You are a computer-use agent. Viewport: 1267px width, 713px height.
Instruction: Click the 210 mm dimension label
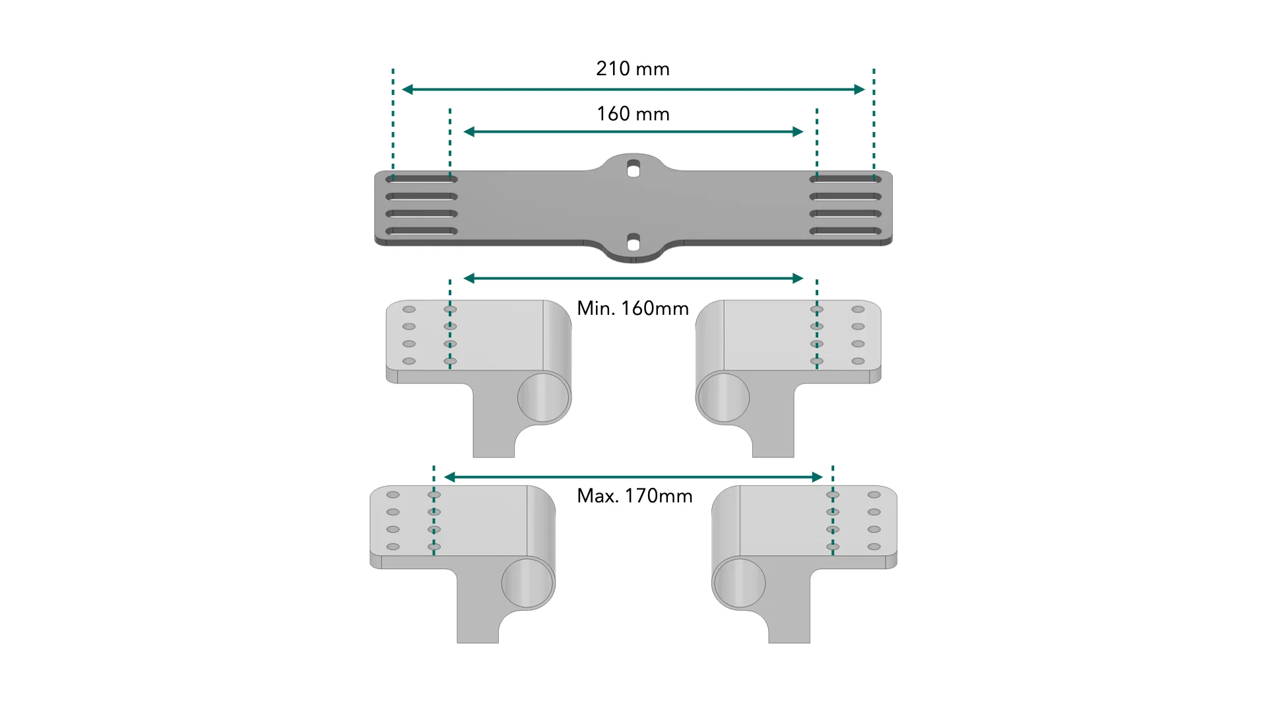pyautogui.click(x=633, y=69)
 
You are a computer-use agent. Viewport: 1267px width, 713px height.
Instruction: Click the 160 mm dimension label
pyautogui.click(x=633, y=114)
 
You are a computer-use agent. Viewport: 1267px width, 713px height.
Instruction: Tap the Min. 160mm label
pyautogui.click(x=633, y=308)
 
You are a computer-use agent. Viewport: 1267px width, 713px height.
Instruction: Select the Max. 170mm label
pyautogui.click(x=635, y=496)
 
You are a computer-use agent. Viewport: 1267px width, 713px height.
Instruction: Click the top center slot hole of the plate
pyautogui.click(x=633, y=169)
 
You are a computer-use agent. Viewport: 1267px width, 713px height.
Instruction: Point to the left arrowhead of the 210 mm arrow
pyautogui.click(x=408, y=89)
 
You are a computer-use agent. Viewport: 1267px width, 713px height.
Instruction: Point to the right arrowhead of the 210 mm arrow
pyautogui.click(x=859, y=89)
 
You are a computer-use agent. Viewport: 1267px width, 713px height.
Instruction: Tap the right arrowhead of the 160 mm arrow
pyautogui.click(x=798, y=131)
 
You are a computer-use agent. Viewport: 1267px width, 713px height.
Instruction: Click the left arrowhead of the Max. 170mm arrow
pyautogui.click(x=450, y=477)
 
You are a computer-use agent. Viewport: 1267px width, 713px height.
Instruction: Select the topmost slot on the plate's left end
pyautogui.click(x=422, y=179)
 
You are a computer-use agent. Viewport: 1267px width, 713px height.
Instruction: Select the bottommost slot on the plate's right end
pyautogui.click(x=845, y=231)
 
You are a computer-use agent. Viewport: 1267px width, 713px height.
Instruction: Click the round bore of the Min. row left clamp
pyautogui.click(x=544, y=397)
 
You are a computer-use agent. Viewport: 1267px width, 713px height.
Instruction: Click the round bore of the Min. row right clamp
pyautogui.click(x=723, y=397)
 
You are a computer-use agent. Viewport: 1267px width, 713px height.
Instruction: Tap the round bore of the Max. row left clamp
pyautogui.click(x=528, y=583)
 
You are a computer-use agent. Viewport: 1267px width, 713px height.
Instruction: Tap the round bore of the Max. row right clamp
pyautogui.click(x=739, y=583)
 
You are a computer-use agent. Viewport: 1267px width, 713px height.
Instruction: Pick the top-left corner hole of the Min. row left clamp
pyautogui.click(x=409, y=309)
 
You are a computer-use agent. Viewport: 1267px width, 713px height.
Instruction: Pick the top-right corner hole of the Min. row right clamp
pyautogui.click(x=858, y=309)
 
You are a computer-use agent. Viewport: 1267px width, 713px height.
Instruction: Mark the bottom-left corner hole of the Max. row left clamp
pyautogui.click(x=393, y=547)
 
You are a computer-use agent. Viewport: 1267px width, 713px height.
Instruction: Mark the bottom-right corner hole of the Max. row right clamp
pyautogui.click(x=874, y=547)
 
